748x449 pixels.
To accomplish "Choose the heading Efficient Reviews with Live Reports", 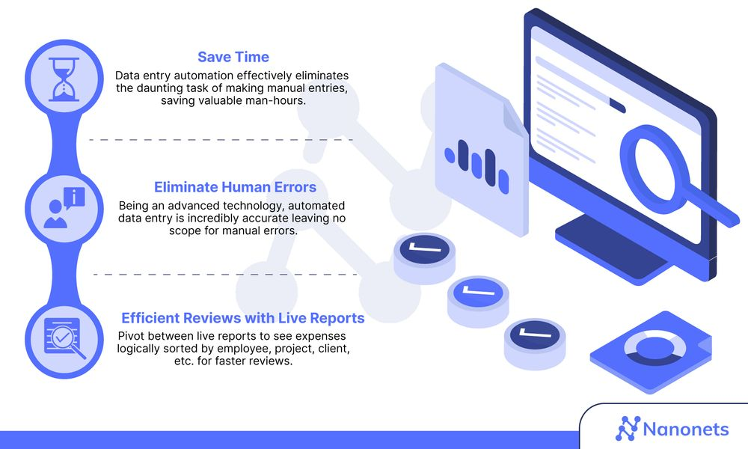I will point(242,318).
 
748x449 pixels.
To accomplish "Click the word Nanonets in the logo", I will point(686,429).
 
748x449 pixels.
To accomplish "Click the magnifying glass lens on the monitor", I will point(657,160).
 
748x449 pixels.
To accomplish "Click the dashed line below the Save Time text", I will point(221,140).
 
